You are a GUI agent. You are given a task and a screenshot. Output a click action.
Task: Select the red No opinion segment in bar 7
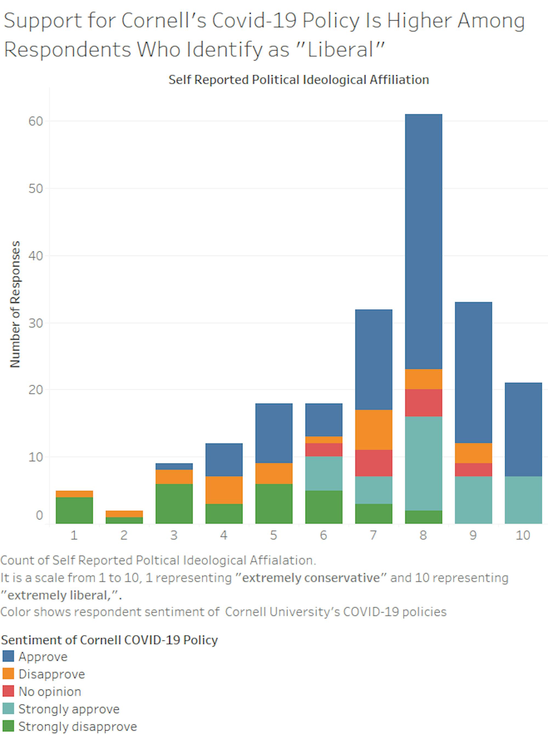coord(373,463)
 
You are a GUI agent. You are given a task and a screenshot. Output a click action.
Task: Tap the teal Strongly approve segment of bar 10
coord(523,500)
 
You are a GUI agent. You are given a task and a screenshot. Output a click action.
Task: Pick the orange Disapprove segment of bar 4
coord(224,490)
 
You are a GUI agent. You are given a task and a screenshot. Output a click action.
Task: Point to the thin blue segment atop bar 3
coord(174,466)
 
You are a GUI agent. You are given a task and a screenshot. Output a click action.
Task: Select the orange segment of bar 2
coord(124,514)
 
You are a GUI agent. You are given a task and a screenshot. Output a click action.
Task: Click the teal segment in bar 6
coord(324,473)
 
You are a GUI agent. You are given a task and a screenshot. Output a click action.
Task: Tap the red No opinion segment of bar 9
coord(473,469)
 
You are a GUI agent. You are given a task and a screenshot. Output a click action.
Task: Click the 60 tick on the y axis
coord(36,121)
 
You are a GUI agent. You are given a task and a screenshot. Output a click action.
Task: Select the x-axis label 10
coord(523,535)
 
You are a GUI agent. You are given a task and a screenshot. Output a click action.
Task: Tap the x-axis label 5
coord(274,535)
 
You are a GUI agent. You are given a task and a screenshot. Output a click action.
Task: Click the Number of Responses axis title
coord(15,304)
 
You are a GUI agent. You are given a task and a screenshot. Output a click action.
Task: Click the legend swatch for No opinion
coord(8,691)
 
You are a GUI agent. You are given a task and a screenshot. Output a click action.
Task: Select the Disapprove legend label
coord(52,674)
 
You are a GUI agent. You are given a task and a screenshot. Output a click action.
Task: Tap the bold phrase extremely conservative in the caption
coord(311,577)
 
